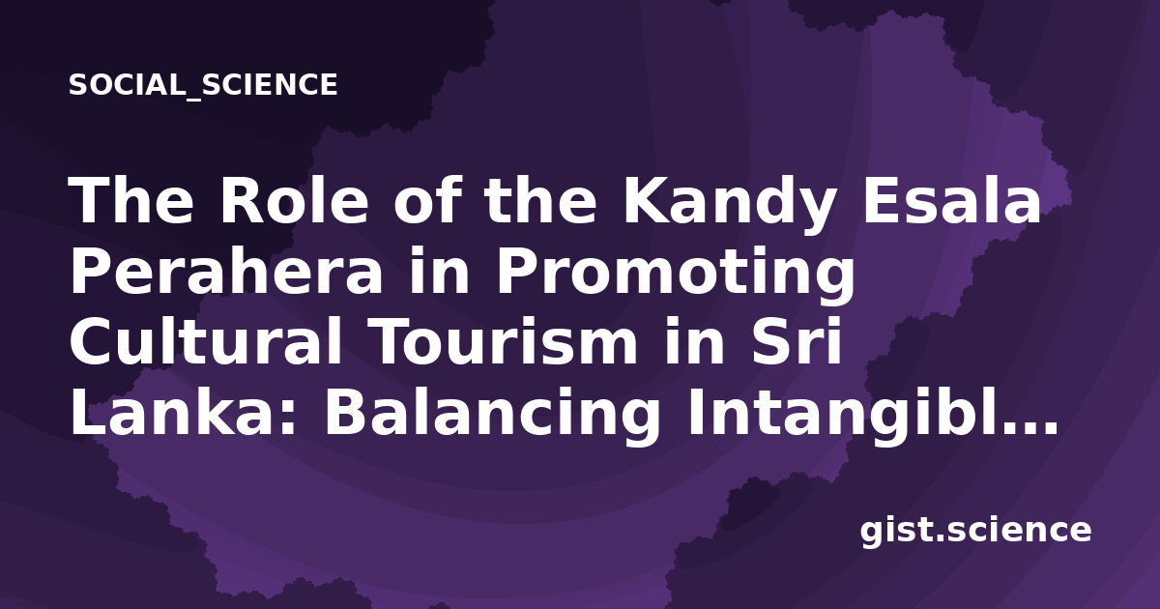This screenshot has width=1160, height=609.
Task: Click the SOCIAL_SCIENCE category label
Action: click(203, 85)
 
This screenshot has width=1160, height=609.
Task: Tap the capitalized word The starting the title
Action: click(131, 200)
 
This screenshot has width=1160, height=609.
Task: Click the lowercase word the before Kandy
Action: click(541, 200)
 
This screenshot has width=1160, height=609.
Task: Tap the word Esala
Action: click(951, 200)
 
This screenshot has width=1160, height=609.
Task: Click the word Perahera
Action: click(226, 271)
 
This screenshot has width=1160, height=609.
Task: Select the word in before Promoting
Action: click(439, 271)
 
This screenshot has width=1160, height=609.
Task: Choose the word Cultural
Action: click(206, 340)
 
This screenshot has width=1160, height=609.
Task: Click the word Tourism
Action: click(504, 340)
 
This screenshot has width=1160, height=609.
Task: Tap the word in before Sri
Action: click(695, 340)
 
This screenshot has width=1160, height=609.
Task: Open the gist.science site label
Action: click(975, 531)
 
